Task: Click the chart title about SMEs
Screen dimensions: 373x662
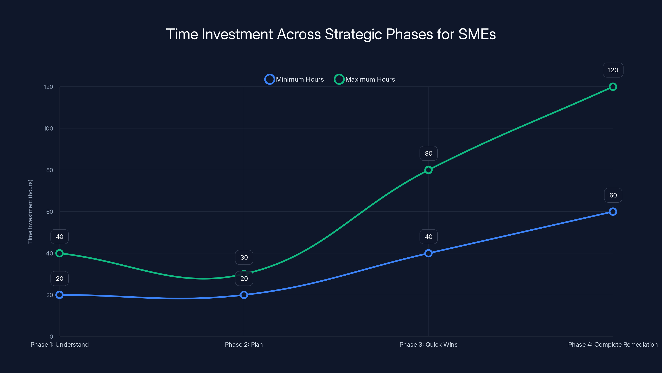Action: [x=331, y=34]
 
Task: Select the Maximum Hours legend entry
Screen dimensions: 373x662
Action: [x=364, y=79]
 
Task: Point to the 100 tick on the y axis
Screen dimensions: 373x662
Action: [x=48, y=128]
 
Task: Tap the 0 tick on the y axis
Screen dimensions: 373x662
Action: [x=51, y=337]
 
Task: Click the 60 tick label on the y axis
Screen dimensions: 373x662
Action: [x=50, y=212]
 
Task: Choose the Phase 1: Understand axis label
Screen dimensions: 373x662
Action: [x=60, y=344]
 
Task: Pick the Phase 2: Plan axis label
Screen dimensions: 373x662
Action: [x=244, y=344]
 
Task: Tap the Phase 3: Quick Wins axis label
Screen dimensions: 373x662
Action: [x=428, y=344]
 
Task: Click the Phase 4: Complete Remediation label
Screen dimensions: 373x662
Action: [x=613, y=344]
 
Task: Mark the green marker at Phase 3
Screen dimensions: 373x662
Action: [x=428, y=170]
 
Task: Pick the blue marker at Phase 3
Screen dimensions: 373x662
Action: [x=428, y=253]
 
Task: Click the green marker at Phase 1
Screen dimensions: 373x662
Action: [x=60, y=253]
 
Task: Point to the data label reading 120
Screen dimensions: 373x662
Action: [x=613, y=70]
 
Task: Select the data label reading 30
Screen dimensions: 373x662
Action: [x=244, y=257]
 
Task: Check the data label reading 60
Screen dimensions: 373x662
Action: [x=613, y=195]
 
